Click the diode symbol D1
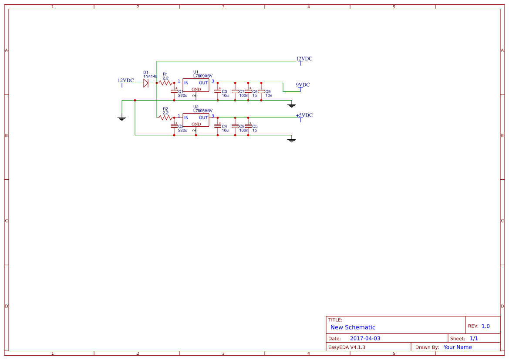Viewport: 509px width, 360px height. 146,83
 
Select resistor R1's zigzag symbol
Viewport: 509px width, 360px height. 165,83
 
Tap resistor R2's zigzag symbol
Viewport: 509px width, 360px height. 165,118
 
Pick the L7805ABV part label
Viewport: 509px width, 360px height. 203,111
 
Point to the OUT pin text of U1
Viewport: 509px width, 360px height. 203,83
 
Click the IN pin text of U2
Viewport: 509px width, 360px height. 186,118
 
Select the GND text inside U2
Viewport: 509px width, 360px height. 196,124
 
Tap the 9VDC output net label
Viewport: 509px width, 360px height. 303,85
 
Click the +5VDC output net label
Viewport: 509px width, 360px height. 304,115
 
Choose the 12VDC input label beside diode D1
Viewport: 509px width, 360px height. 126,81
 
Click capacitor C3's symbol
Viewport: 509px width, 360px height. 218,91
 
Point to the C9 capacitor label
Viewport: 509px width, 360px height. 268,91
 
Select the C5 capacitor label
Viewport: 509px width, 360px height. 255,126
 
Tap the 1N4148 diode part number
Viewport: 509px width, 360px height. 150,76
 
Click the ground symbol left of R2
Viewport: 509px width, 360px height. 122,118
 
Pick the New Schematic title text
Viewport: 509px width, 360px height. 353,327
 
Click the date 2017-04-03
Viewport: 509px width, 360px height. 365,339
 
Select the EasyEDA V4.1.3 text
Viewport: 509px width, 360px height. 347,347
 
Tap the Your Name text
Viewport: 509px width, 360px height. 458,347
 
